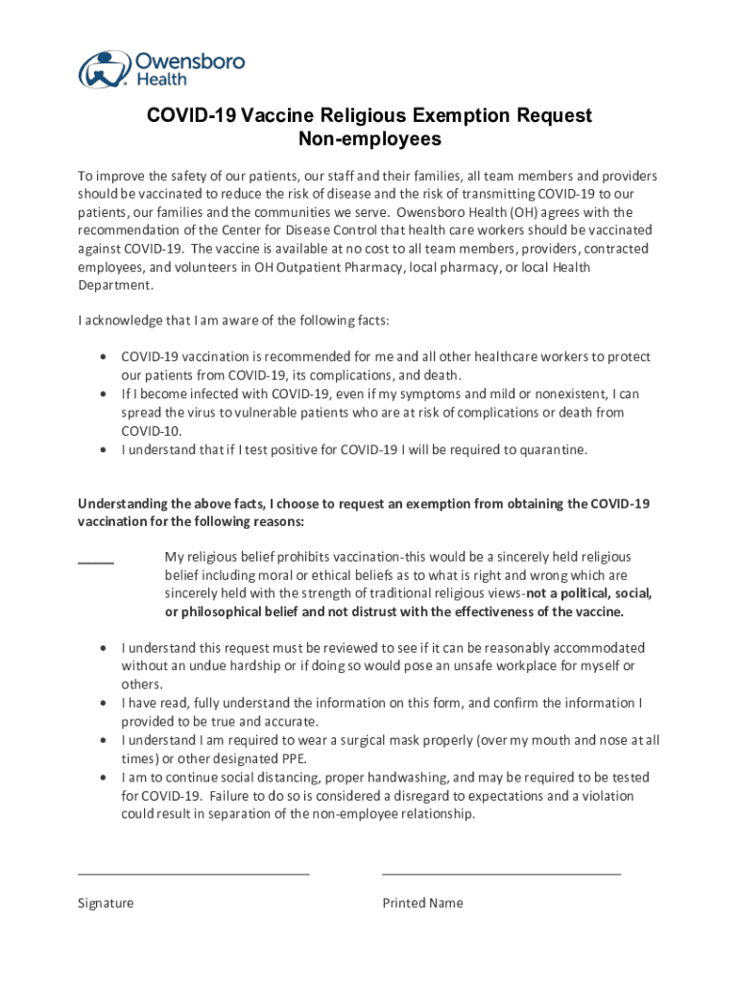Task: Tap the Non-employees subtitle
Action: click(369, 139)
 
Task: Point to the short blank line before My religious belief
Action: click(96, 562)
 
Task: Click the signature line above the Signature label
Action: click(193, 874)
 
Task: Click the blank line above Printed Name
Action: click(501, 874)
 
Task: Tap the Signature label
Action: click(106, 903)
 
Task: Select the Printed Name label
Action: click(422, 903)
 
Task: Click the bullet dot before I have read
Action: click(103, 704)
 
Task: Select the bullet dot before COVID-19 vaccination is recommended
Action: click(103, 357)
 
